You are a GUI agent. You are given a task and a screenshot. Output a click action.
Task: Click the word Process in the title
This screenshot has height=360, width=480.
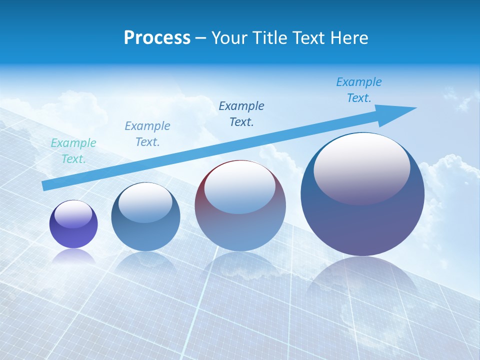click(157, 38)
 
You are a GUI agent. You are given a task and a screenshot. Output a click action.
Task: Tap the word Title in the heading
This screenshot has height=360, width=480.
click(270, 38)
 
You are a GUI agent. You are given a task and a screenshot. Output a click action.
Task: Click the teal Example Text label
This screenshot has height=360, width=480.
click(73, 151)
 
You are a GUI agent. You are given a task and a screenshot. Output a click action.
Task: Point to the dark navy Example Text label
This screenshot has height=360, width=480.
click(241, 113)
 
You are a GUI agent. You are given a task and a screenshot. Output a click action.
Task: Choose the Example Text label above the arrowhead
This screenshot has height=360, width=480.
click(359, 90)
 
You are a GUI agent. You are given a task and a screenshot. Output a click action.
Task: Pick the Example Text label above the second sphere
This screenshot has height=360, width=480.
click(147, 134)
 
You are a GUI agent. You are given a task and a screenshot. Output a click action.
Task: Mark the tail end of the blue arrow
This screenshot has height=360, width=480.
click(45, 185)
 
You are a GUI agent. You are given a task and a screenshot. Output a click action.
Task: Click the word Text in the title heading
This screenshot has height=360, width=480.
click(307, 38)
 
